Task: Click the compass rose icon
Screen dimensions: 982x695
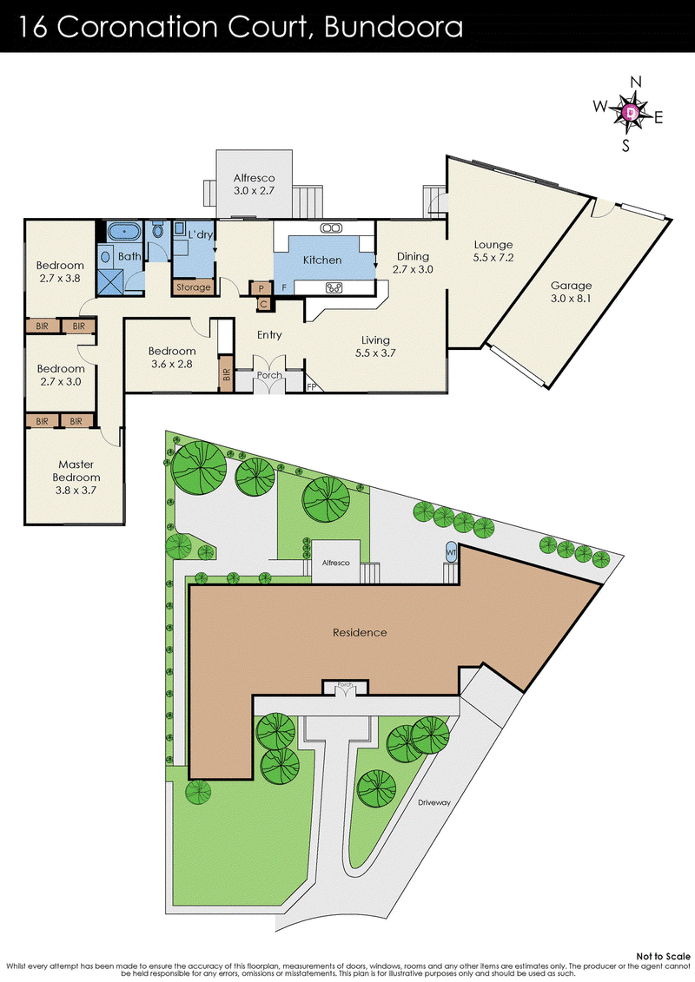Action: pos(632,112)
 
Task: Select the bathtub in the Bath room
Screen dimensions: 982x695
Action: pos(124,232)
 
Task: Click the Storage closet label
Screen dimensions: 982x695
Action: pos(193,287)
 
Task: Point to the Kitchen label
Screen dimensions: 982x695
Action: pos(321,260)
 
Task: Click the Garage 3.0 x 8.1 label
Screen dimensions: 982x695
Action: pos(571,292)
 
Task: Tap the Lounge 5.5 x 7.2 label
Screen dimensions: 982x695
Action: pos(493,252)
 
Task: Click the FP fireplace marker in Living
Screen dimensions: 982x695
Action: pos(312,387)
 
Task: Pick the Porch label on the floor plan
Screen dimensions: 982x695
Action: pos(268,375)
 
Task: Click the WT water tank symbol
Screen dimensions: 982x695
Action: pos(451,550)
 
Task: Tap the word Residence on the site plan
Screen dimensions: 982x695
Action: pos(360,632)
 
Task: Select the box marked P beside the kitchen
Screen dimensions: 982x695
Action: pos(260,288)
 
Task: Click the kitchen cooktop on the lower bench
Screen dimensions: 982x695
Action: pos(334,288)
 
